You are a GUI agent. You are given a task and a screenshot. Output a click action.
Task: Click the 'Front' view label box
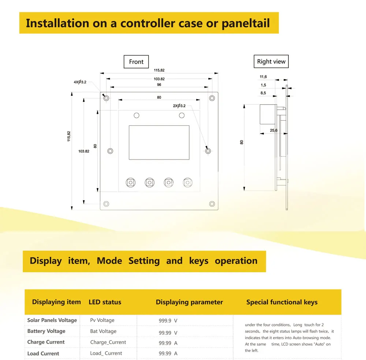(136, 62)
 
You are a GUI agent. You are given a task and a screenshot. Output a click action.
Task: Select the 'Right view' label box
(271, 61)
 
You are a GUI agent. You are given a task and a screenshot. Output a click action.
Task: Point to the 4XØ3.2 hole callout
(80, 82)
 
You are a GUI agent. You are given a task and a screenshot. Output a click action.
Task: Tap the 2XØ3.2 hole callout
(179, 106)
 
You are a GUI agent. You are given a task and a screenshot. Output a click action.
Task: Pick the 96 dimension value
(159, 85)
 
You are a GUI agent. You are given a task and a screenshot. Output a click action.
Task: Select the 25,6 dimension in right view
(273, 130)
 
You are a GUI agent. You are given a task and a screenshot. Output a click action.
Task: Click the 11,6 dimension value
(263, 77)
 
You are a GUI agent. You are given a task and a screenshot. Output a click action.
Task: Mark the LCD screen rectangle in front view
(159, 142)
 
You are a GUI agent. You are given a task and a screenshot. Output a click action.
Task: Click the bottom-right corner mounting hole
(212, 204)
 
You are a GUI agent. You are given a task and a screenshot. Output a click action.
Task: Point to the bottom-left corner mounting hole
(107, 204)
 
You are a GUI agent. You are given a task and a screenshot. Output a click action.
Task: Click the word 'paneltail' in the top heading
(246, 23)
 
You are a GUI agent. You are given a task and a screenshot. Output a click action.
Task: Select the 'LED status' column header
(105, 302)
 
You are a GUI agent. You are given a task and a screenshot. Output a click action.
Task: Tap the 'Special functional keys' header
(282, 302)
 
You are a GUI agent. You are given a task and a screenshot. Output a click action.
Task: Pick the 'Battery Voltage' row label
(46, 331)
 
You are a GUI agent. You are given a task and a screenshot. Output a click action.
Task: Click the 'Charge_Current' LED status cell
(108, 342)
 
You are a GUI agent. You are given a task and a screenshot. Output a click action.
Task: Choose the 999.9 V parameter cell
(168, 320)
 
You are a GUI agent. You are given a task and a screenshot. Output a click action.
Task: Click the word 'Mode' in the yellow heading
(109, 261)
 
